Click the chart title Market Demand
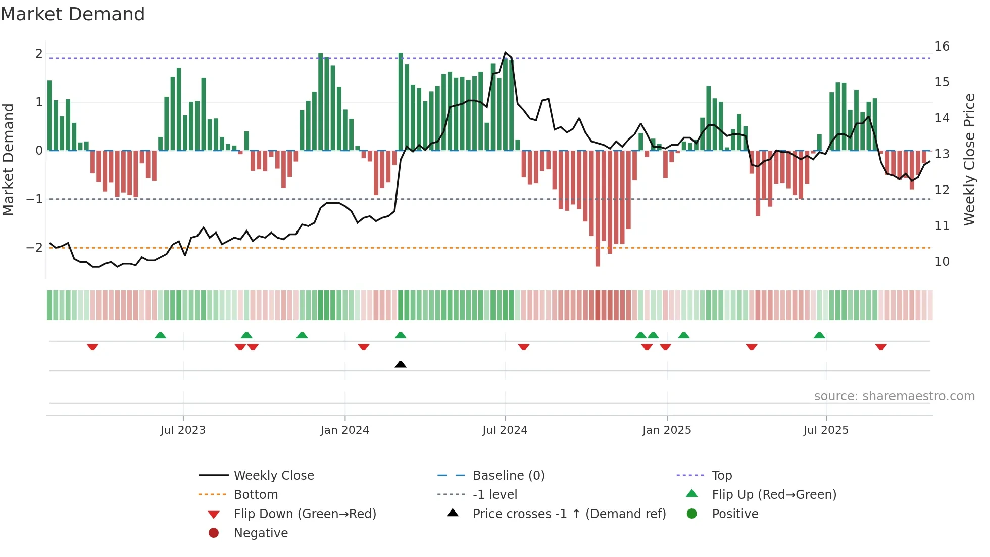73,14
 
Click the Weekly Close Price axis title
969,159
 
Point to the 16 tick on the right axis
942,47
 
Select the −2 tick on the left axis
35,248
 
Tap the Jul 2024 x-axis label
505,430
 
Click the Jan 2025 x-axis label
666,430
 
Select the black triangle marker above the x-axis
401,364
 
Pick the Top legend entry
721,476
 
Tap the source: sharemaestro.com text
894,396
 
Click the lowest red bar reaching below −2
598,258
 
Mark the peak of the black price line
505,53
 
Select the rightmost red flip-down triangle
881,347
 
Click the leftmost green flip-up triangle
160,335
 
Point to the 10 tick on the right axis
942,262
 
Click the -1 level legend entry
494,495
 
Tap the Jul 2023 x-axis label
183,430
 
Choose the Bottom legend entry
256,495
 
